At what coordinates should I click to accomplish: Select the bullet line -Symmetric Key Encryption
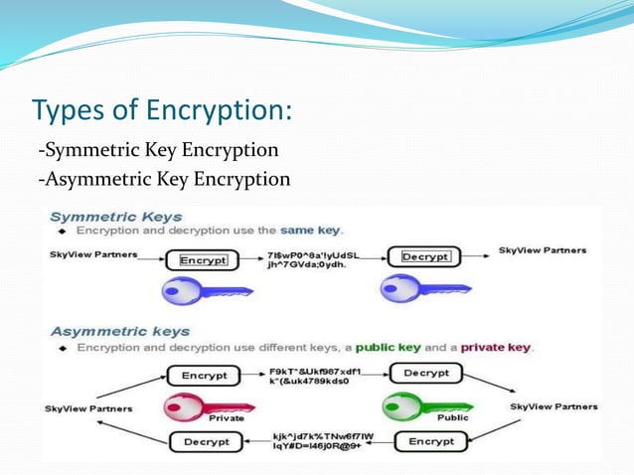point(158,151)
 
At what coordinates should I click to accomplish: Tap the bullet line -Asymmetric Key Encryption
point(164,179)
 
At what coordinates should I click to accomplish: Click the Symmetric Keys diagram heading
point(116,216)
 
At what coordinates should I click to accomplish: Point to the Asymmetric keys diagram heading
point(120,331)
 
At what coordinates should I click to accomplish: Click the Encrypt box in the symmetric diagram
point(203,260)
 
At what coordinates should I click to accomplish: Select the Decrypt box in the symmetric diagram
point(425,257)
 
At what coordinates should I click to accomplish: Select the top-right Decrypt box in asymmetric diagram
point(424,375)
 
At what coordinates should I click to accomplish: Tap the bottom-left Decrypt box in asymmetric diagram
point(203,441)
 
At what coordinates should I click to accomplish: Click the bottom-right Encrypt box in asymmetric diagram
point(430,440)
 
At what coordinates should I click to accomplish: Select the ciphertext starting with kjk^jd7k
point(315,441)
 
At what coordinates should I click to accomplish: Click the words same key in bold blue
point(311,231)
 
